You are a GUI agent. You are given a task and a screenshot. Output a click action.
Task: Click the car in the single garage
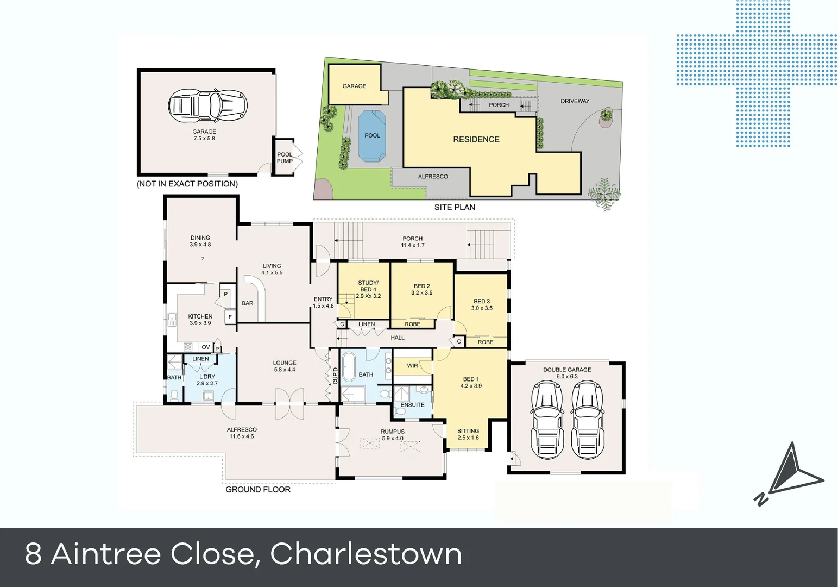click(207, 104)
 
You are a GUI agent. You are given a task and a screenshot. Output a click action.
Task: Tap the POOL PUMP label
click(285, 158)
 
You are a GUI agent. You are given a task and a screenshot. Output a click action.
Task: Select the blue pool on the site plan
click(372, 136)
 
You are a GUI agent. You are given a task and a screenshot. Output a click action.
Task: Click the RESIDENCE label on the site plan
click(476, 139)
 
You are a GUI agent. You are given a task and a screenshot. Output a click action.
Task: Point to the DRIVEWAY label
click(575, 101)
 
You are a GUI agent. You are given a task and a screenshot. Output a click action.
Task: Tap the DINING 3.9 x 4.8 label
click(200, 241)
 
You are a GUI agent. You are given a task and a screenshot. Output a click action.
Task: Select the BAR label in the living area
click(248, 303)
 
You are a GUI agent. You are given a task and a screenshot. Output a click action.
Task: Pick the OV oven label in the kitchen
click(205, 347)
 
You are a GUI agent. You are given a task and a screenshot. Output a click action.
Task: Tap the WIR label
click(412, 366)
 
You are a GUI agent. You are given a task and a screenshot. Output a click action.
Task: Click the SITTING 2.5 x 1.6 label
click(468, 434)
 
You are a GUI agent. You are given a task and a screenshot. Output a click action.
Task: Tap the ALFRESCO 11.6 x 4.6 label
click(242, 433)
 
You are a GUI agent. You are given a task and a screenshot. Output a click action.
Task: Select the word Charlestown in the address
click(366, 554)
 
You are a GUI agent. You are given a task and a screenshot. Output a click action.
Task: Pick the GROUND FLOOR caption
click(258, 490)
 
